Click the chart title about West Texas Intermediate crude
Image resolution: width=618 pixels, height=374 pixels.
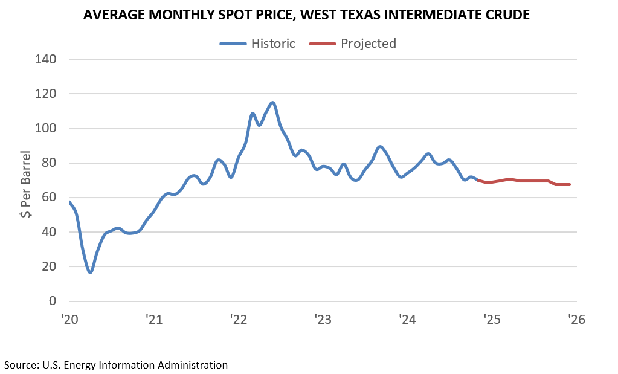tap(306, 15)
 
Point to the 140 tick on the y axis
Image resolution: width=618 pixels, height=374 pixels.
tap(45, 59)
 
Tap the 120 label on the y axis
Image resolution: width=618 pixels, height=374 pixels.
tap(45, 94)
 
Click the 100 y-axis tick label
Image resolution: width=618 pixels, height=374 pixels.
tap(45, 128)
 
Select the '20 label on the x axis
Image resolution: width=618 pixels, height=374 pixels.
tap(70, 320)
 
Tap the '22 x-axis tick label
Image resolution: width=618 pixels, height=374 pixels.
tap(239, 320)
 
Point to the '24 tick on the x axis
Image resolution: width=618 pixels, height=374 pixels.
tap(408, 320)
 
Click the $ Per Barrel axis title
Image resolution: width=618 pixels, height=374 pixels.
tap(25, 180)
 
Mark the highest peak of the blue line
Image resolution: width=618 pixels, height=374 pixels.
tap(273, 103)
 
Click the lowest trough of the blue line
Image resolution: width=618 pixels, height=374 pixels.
tap(91, 272)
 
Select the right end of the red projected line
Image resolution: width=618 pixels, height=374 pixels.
tap(569, 184)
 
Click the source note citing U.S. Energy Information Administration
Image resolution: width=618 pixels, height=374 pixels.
tap(116, 364)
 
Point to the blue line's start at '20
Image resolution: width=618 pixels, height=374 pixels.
tap(70, 202)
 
